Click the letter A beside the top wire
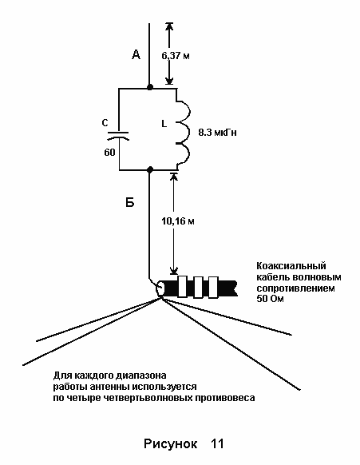[x=136, y=54]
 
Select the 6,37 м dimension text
[x=176, y=55]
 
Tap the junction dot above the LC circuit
[x=150, y=87]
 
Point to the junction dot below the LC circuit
[x=150, y=169]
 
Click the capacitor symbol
[x=118, y=136]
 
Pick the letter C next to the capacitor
[x=105, y=122]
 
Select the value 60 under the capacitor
[x=109, y=153]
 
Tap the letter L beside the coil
[x=164, y=124]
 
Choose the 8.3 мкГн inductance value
[x=217, y=133]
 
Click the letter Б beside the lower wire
[x=130, y=202]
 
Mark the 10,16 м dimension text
[x=178, y=221]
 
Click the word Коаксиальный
[x=291, y=265]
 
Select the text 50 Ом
[x=270, y=298]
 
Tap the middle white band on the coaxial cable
[x=198, y=287]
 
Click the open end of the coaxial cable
[x=160, y=288]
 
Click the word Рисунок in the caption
[x=170, y=444]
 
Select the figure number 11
[x=217, y=443]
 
